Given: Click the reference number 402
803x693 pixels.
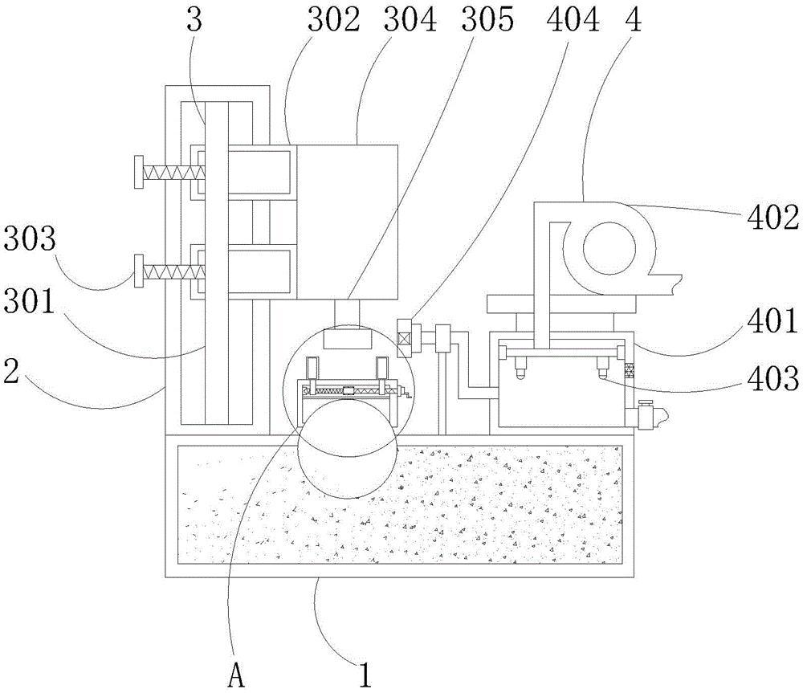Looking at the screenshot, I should (770, 216).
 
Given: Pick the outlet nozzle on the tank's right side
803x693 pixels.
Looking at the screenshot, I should (647, 416).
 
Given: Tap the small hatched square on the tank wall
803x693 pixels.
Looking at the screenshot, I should (630, 369).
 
